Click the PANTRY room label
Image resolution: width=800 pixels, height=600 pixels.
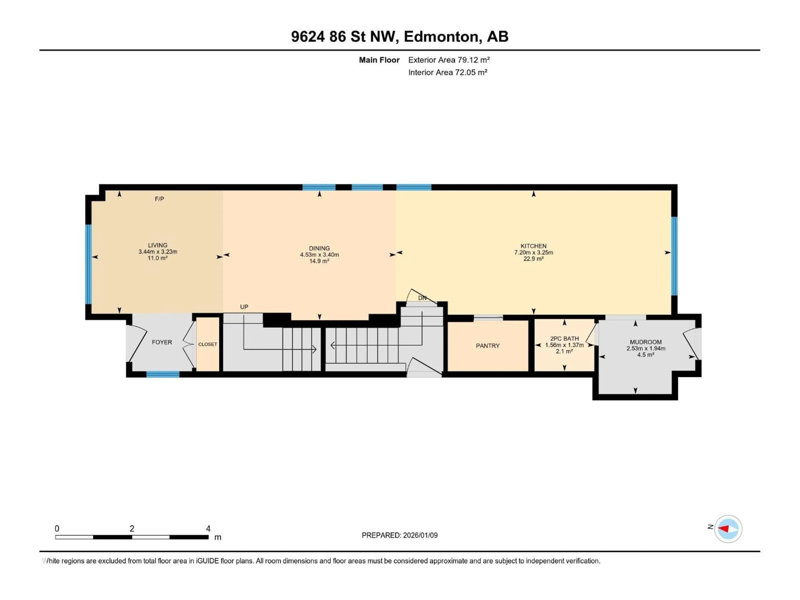point(487,346)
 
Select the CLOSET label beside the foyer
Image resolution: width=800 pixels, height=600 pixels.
point(207,344)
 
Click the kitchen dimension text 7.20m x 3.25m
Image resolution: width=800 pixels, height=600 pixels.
point(534,252)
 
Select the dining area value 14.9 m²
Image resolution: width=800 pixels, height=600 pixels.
point(319,261)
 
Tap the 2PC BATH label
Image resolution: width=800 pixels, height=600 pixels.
point(564,339)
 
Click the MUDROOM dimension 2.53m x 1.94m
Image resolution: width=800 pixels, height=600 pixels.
point(646,348)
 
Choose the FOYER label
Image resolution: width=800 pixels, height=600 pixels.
point(162,342)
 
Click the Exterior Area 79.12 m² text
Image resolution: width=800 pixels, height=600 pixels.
point(449,60)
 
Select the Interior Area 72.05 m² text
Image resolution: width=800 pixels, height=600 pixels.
point(447,72)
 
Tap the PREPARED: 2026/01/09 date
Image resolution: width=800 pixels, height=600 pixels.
point(399,535)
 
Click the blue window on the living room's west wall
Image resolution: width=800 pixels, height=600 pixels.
point(88,264)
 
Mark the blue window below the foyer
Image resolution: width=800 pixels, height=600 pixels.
point(163,374)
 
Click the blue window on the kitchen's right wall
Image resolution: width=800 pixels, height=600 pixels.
point(674,256)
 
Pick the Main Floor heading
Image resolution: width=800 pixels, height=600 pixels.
point(379,60)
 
